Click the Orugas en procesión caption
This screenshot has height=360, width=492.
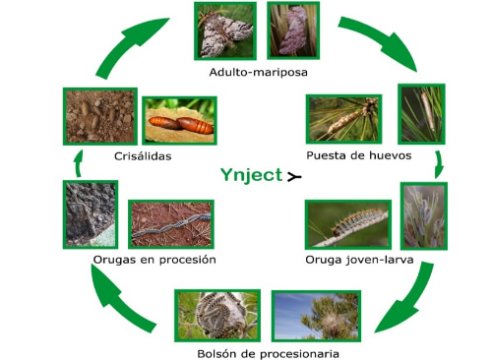[x=154, y=260]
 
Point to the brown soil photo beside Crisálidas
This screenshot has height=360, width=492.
[x=98, y=116]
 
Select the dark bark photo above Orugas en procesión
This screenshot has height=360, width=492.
[x=90, y=213]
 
